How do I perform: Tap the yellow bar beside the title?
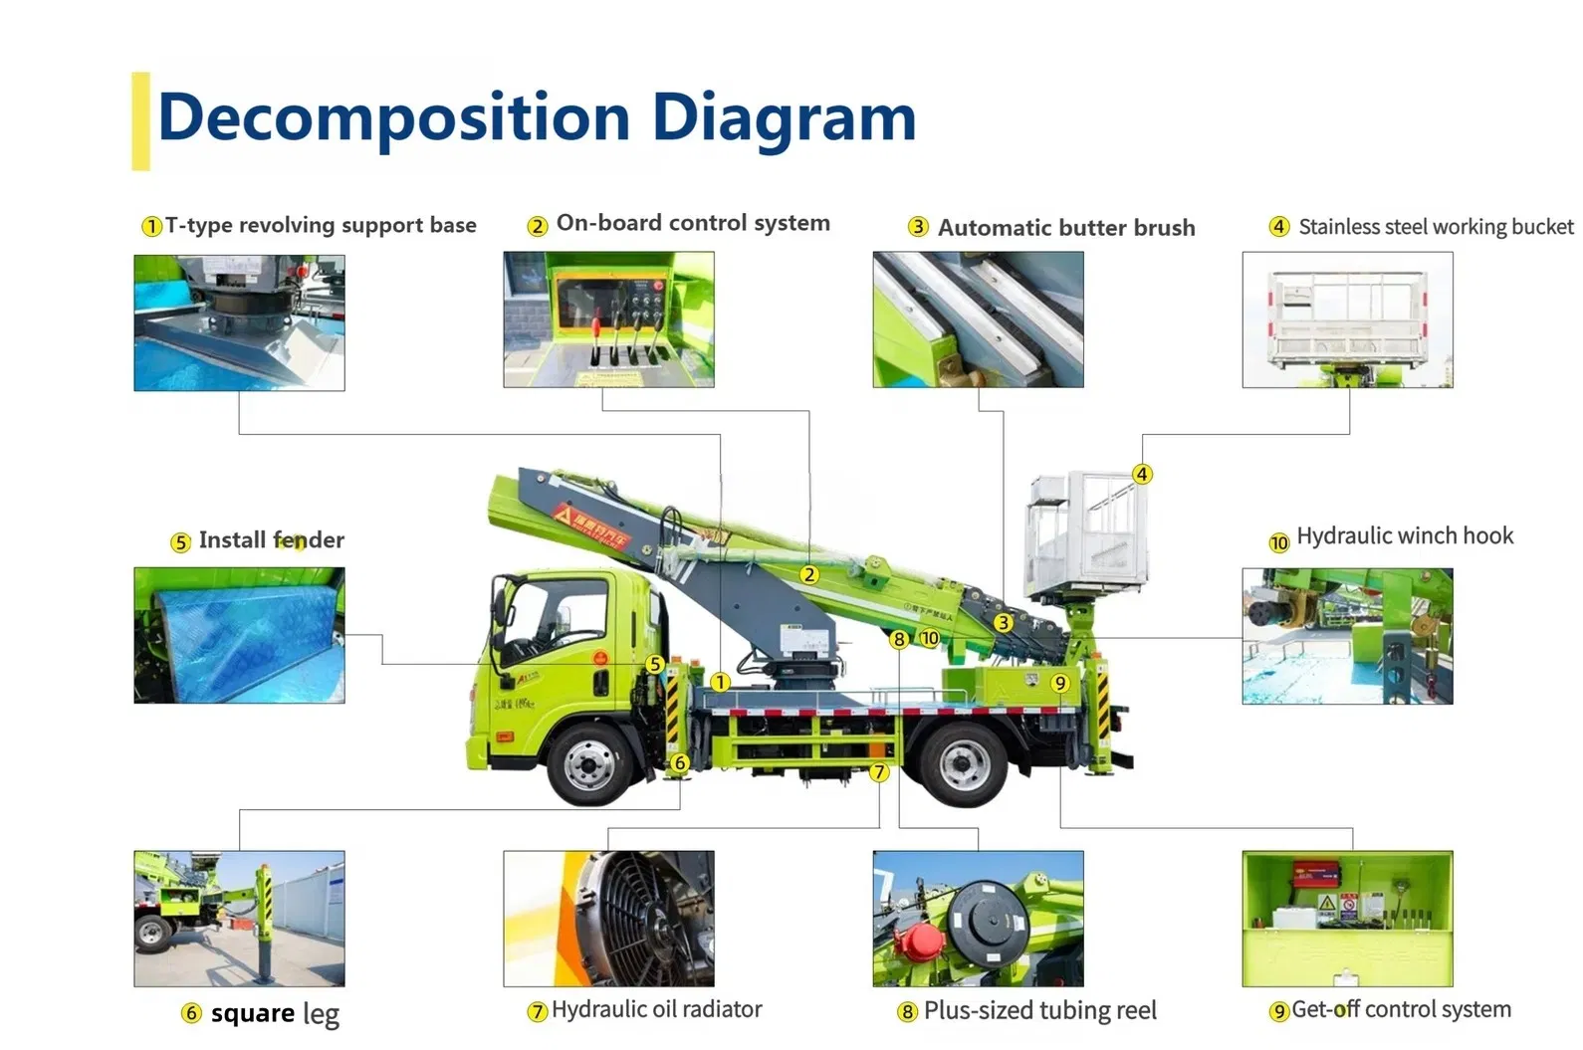click(140, 120)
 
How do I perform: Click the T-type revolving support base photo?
click(239, 322)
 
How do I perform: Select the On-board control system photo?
click(608, 319)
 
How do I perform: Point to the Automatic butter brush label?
click(1065, 228)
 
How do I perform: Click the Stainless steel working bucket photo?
click(1347, 319)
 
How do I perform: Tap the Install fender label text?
click(271, 540)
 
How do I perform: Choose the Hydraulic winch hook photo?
click(1347, 637)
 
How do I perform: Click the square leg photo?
click(239, 919)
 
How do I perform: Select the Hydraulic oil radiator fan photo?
click(608, 919)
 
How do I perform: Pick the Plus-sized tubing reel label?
click(1039, 1011)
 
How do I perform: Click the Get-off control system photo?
click(1347, 919)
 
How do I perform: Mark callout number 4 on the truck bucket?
click(1142, 475)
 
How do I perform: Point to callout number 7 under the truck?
click(878, 772)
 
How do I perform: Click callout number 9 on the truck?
click(1059, 683)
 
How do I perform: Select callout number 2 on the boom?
click(809, 575)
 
